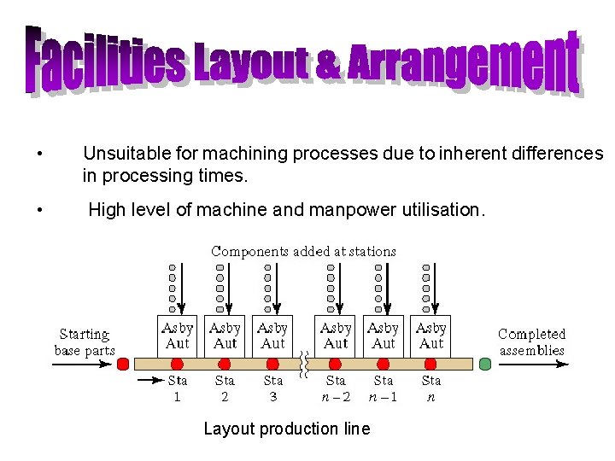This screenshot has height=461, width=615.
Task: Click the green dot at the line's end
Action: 485,365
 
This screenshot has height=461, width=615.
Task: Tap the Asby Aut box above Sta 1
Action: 178,336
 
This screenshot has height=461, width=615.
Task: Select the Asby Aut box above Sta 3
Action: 272,336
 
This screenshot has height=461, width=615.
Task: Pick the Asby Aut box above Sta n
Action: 431,336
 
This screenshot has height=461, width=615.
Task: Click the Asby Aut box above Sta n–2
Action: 337,336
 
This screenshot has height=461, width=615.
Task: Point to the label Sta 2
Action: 225,388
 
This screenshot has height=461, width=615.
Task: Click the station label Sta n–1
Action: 384,388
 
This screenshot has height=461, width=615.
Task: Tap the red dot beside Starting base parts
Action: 122,365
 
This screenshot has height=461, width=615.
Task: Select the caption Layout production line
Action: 286,429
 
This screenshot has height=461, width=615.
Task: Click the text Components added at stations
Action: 303,251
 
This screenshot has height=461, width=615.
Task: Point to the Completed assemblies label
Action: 531,341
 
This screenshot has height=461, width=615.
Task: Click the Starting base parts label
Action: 84,341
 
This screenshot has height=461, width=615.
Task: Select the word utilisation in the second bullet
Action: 441,209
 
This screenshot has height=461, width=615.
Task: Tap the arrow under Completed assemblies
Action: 531,365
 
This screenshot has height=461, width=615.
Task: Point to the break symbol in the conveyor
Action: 304,365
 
